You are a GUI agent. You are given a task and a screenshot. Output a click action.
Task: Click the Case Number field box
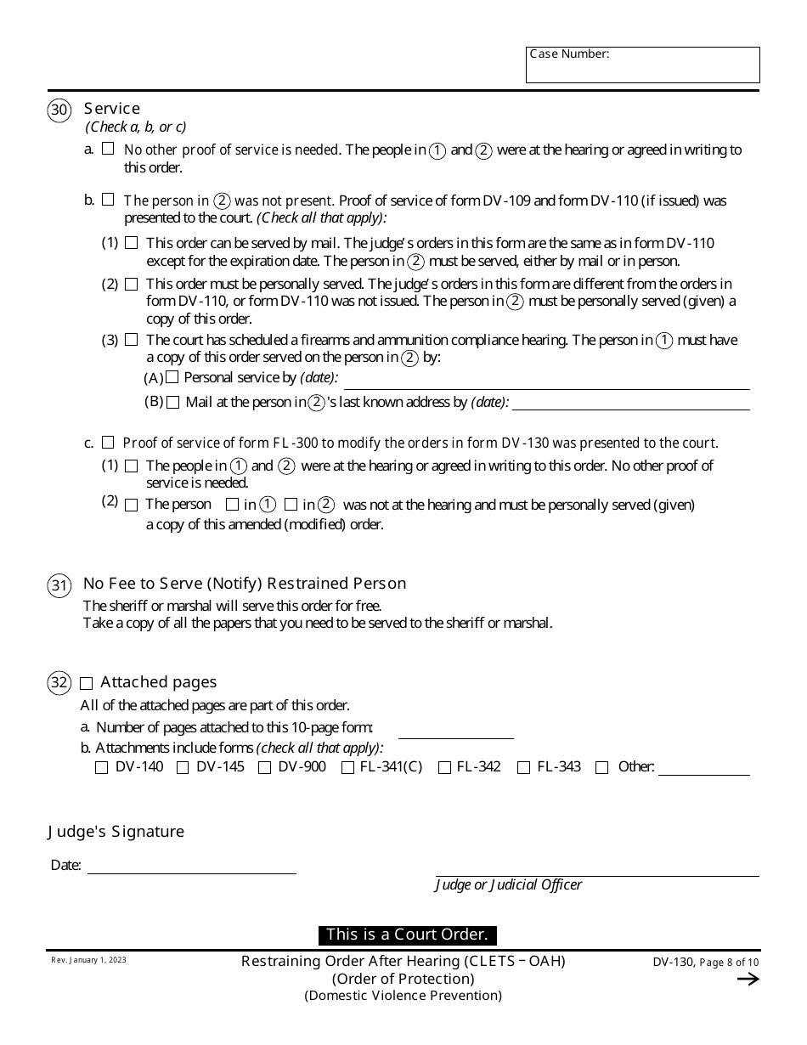pyautogui.click(x=642, y=65)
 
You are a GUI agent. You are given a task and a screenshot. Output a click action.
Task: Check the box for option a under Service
pyautogui.click(x=108, y=149)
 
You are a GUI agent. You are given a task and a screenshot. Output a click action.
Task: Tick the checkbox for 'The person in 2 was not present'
pyautogui.click(x=108, y=200)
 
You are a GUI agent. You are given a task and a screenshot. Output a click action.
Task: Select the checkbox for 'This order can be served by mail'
pyautogui.click(x=131, y=243)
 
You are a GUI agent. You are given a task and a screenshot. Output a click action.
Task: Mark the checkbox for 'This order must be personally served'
pyautogui.click(x=131, y=284)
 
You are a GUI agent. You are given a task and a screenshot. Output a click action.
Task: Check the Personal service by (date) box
pyautogui.click(x=172, y=377)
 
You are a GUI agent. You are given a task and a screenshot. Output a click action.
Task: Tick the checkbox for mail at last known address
pyautogui.click(x=173, y=403)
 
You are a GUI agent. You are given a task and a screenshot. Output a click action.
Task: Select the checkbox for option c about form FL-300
pyautogui.click(x=108, y=443)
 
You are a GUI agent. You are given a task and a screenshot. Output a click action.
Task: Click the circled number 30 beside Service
pyautogui.click(x=59, y=111)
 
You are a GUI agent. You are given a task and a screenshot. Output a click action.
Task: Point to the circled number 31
pyautogui.click(x=59, y=585)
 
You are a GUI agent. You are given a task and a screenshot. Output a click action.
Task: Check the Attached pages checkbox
pyautogui.click(x=87, y=683)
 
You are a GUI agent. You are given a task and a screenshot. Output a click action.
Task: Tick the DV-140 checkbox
pyautogui.click(x=102, y=768)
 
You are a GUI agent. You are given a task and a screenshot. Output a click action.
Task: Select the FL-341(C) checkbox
pyautogui.click(x=347, y=768)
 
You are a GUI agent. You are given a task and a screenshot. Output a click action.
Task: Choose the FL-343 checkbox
pyautogui.click(x=523, y=768)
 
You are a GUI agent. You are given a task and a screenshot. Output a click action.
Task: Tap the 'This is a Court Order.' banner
pyautogui.click(x=407, y=935)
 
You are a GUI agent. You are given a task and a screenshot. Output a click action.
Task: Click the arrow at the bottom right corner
pyautogui.click(x=748, y=979)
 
